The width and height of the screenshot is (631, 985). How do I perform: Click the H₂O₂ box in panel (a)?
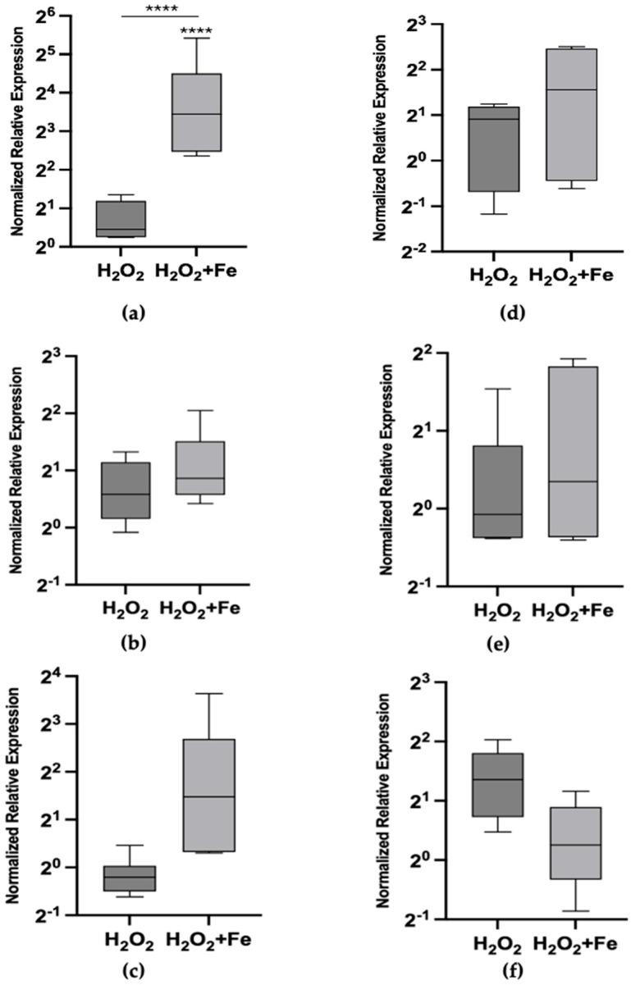pyautogui.click(x=121, y=219)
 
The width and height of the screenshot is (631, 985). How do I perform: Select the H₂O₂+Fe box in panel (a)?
pyautogui.click(x=195, y=112)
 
